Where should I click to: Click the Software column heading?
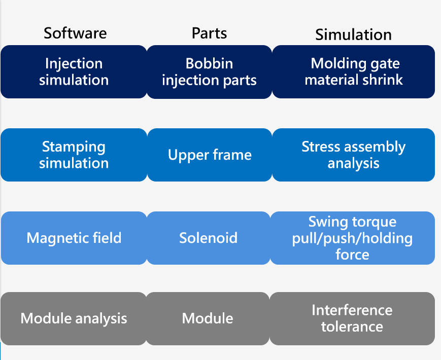pyautogui.click(x=75, y=33)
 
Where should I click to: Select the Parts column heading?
pyautogui.click(x=209, y=33)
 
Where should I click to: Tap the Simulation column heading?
pyautogui.click(x=353, y=34)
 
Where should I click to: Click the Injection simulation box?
pyautogui.click(x=74, y=71)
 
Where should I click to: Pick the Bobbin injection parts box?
pyautogui.click(x=209, y=71)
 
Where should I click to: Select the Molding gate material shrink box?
pyautogui.click(x=354, y=71)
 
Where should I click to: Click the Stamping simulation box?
pyautogui.click(x=74, y=155)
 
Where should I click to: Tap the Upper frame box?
pyautogui.click(x=210, y=155)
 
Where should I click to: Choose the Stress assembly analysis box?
pyautogui.click(x=354, y=155)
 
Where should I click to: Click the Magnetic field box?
pyautogui.click(x=74, y=238)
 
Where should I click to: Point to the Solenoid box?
pyautogui.click(x=209, y=238)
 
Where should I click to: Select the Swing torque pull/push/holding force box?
pyautogui.click(x=352, y=238)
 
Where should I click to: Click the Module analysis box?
pyautogui.click(x=74, y=319)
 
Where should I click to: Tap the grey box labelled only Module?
pyautogui.click(x=208, y=319)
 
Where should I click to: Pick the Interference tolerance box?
pyautogui.click(x=352, y=319)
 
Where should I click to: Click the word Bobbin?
pyautogui.click(x=209, y=63)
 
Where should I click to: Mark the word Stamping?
pyautogui.click(x=74, y=147)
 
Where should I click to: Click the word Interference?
pyautogui.click(x=352, y=310)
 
